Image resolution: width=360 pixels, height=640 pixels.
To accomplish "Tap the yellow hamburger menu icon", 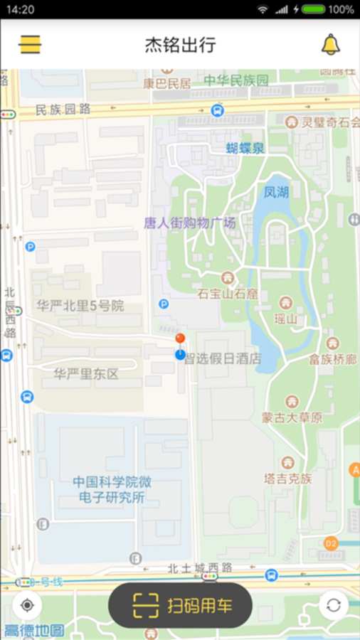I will [30, 45].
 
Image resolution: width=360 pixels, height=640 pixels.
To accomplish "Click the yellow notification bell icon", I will [331, 45].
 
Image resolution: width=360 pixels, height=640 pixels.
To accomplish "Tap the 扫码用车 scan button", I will [180, 606].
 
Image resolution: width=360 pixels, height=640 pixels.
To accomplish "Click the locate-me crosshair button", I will [28, 606].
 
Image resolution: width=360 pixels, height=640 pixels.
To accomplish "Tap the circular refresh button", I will [333, 606].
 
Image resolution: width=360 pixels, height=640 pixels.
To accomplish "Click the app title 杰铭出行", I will [180, 46].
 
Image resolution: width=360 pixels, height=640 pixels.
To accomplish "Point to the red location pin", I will [181, 339].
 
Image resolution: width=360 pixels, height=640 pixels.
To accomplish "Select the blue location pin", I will [180, 353].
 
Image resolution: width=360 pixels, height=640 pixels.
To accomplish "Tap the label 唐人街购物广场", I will [189, 223].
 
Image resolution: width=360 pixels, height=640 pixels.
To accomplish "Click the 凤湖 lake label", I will [276, 192].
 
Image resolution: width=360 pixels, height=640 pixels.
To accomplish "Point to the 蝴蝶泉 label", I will [245, 148].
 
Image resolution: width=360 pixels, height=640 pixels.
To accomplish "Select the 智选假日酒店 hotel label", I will [223, 358].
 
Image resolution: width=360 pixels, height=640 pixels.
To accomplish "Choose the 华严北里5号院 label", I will [80, 306].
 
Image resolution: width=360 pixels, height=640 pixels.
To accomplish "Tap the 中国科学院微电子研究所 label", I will [112, 490].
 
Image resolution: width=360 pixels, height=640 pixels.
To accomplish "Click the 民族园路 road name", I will [63, 110].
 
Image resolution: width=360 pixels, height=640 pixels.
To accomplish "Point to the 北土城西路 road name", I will [201, 567].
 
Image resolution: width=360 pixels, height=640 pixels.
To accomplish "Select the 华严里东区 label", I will [87, 374].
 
